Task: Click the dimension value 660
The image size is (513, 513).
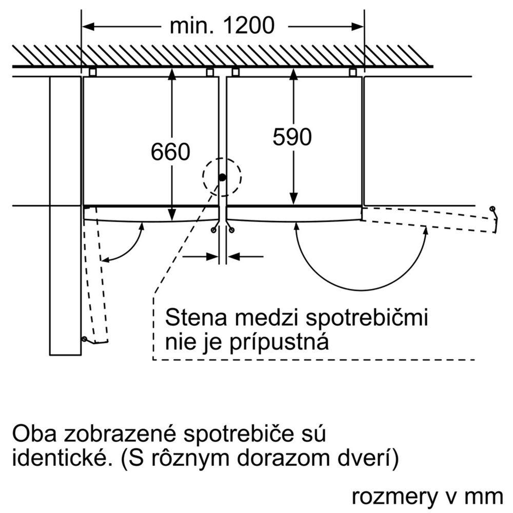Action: pyautogui.click(x=171, y=152)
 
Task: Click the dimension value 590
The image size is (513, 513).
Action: pyautogui.click(x=292, y=137)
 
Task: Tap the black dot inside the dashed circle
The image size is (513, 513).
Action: pyautogui.click(x=222, y=177)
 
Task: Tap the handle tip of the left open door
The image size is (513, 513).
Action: pyautogui.click(x=84, y=339)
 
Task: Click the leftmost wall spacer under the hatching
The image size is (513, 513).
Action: pyautogui.click(x=92, y=72)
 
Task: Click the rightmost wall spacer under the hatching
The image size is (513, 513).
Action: pyautogui.click(x=353, y=72)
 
